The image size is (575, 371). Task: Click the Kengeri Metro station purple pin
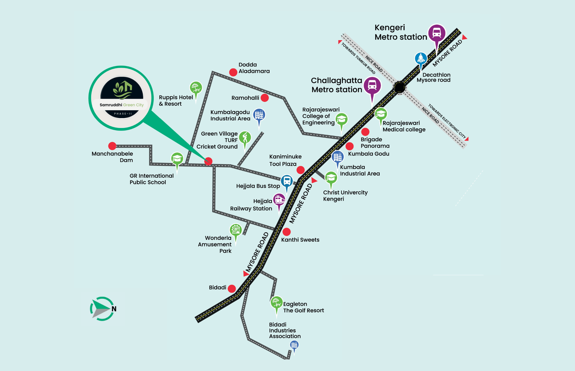tap(437, 33)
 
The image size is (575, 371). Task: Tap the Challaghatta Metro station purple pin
tap(372, 86)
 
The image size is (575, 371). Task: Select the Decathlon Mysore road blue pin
tap(421, 59)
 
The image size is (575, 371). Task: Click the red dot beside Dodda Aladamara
tap(233, 72)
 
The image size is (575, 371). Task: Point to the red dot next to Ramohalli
tap(264, 98)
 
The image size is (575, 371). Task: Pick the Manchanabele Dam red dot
tap(112, 146)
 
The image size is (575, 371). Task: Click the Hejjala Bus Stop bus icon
tap(287, 181)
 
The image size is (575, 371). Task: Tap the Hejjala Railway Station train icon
tap(279, 199)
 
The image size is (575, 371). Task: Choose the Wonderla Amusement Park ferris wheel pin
tap(236, 230)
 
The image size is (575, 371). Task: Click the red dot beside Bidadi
tap(232, 288)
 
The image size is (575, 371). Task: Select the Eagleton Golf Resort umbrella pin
tap(277, 302)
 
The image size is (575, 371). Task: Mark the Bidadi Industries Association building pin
tap(294, 345)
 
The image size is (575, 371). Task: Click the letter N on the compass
tap(114, 309)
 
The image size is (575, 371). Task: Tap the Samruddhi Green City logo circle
tap(121, 98)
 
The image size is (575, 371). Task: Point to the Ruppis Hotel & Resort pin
tap(196, 87)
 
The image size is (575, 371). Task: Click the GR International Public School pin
tap(177, 158)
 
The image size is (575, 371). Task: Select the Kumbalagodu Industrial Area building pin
tap(259, 115)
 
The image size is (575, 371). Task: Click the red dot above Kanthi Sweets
tap(286, 232)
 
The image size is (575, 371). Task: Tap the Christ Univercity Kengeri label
tap(345, 196)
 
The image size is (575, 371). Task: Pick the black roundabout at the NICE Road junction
tap(399, 87)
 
